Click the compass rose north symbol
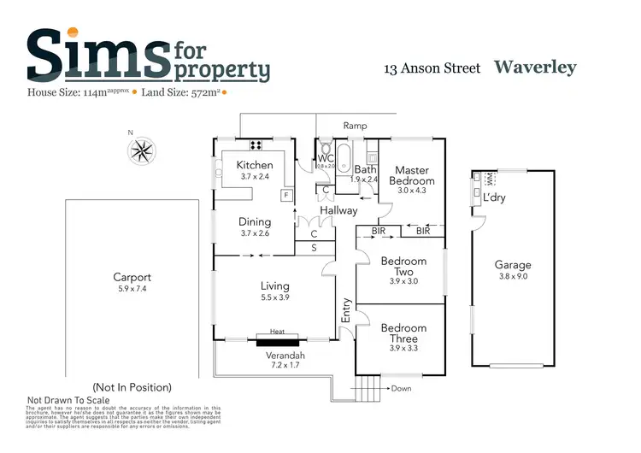[x=142, y=150]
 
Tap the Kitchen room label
[x=255, y=165]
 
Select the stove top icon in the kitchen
[x=255, y=144]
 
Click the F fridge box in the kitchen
[x=286, y=195]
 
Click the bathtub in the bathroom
[x=344, y=156]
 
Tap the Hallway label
[x=339, y=210]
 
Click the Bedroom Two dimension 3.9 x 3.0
[x=403, y=281]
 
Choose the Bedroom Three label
[x=403, y=333]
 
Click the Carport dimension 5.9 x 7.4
[x=132, y=289]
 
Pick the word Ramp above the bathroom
[x=355, y=126]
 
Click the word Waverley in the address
[x=535, y=68]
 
